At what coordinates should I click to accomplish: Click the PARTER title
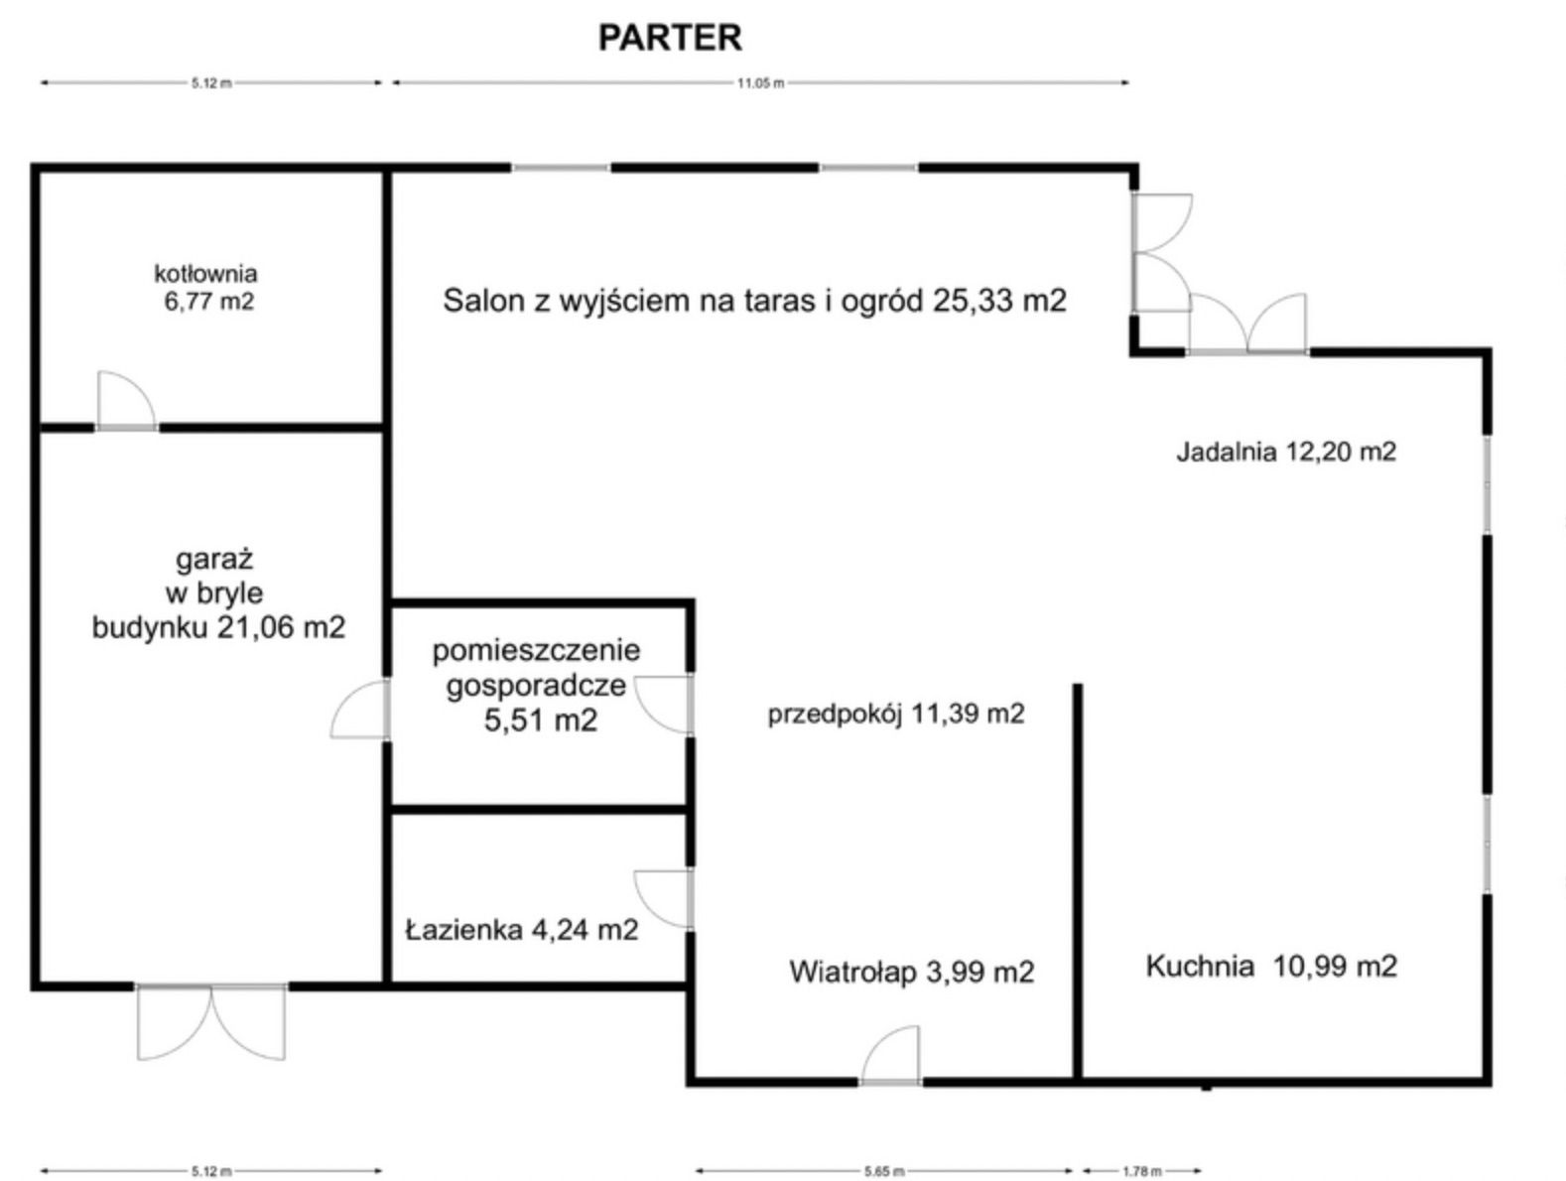(x=670, y=38)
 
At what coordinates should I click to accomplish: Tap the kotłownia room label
(x=206, y=287)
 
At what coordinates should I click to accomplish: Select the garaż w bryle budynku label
(x=218, y=593)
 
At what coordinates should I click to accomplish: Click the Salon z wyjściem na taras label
(x=754, y=300)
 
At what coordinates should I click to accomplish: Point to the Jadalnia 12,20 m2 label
(x=1286, y=452)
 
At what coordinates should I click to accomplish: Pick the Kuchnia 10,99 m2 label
(x=1271, y=966)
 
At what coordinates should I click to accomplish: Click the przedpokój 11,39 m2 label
(x=895, y=714)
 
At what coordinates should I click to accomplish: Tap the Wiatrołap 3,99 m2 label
(x=911, y=972)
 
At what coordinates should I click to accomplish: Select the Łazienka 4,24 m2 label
(x=522, y=930)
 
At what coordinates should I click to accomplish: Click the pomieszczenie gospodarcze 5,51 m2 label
(x=537, y=685)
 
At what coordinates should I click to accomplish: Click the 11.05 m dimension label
(x=760, y=83)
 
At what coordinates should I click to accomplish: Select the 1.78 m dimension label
(x=1141, y=1172)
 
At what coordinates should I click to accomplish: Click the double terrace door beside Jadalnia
(x=1247, y=326)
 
